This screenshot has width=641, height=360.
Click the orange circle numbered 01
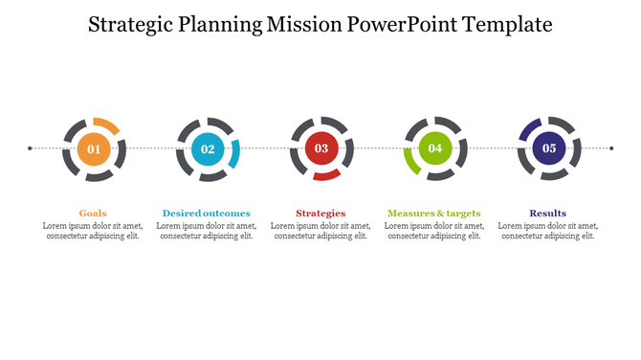tap(93, 148)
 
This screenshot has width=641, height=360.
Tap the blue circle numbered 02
tap(207, 148)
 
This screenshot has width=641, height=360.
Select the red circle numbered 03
tap(320, 148)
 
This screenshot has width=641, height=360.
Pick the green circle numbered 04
tap(434, 148)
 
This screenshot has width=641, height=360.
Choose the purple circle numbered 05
tap(548, 148)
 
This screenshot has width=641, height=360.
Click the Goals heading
tap(93, 213)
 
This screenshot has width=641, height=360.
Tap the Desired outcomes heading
tap(207, 213)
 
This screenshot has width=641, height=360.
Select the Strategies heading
tap(320, 213)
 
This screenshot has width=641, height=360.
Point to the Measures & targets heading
tap(434, 213)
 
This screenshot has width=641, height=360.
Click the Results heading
tap(548, 213)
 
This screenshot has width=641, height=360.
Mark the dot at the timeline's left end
tap(30, 148)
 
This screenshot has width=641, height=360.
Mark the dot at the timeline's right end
tap(611, 148)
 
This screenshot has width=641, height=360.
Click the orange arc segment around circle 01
tap(107, 124)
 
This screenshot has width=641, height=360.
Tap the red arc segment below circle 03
tap(327, 175)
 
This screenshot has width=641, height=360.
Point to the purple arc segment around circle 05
tap(529, 129)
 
